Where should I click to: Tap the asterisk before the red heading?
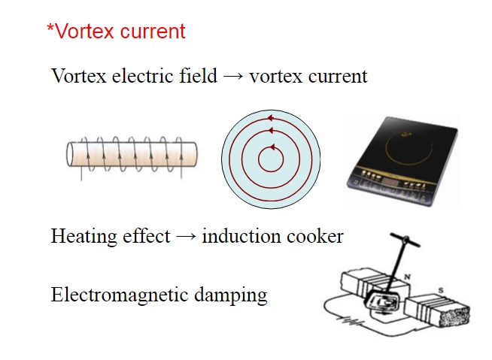[50, 29]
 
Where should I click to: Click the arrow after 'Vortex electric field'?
[233, 77]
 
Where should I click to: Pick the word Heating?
[80, 237]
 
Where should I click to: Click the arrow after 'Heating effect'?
[184, 237]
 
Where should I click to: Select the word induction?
[237, 236]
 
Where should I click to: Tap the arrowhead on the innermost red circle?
[271, 147]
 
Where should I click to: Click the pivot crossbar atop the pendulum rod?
[405, 241]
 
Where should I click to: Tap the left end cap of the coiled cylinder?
[71, 155]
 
